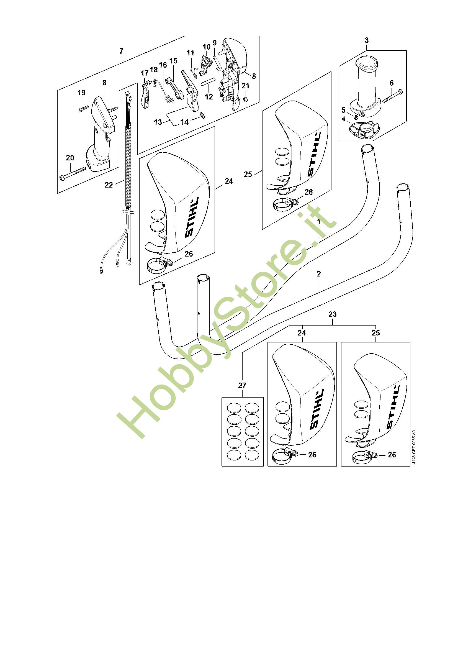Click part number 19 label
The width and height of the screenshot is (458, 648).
coord(81,93)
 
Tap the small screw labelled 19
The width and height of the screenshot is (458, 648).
coord(84,108)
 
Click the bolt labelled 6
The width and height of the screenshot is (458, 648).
coord(393,96)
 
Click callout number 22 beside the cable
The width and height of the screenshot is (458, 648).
coord(109,185)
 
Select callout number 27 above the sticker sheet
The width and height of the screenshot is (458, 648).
coord(242,386)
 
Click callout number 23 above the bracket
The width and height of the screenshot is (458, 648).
coord(333,314)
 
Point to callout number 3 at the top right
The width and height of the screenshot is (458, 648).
coord(366,40)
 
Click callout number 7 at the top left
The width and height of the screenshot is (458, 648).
coord(121,51)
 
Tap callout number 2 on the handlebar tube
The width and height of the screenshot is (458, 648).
coord(319,274)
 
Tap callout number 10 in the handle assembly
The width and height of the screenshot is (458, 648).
coord(207,47)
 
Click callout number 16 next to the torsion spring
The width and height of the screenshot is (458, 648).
coord(163,65)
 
